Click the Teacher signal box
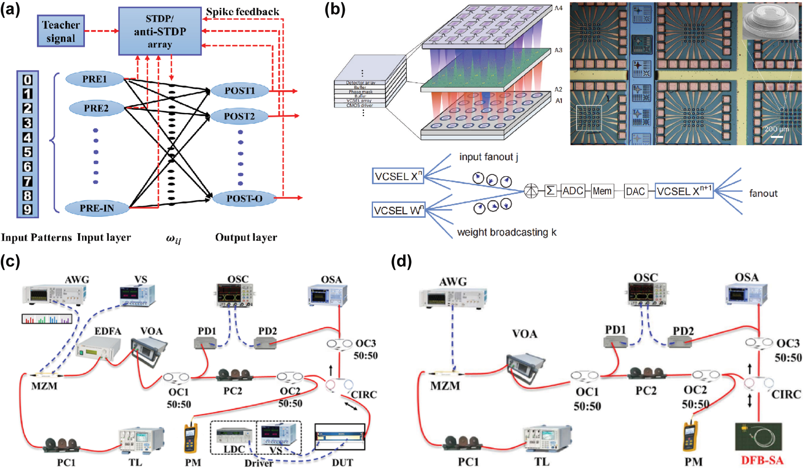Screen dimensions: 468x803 click(61, 31)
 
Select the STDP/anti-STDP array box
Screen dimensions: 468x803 click(160, 31)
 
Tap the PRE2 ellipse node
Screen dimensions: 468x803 click(96, 108)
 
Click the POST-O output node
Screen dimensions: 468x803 click(244, 198)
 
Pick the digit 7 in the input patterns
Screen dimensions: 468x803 click(27, 181)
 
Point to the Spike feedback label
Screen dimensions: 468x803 click(242, 12)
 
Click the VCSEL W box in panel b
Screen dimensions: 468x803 click(398, 210)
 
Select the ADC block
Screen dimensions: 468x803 click(573, 191)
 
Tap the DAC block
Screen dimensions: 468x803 click(635, 191)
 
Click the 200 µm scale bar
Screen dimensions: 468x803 click(777, 137)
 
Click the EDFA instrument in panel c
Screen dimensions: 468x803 click(98, 348)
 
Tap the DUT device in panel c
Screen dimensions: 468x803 click(340, 437)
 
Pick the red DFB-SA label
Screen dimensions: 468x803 click(762, 460)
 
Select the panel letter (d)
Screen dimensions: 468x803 click(401, 262)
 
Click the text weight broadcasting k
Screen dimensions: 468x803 click(507, 232)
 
